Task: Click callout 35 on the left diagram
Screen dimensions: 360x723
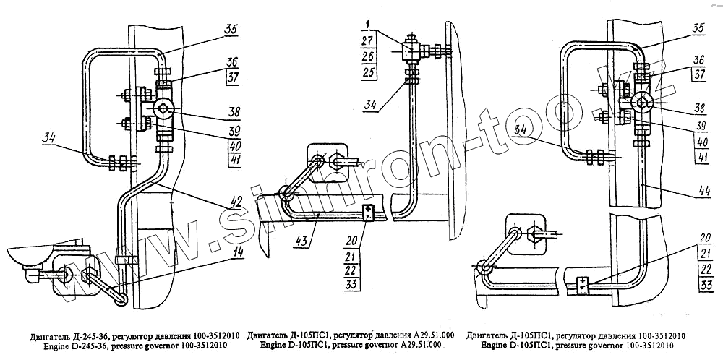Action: click(231, 31)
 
